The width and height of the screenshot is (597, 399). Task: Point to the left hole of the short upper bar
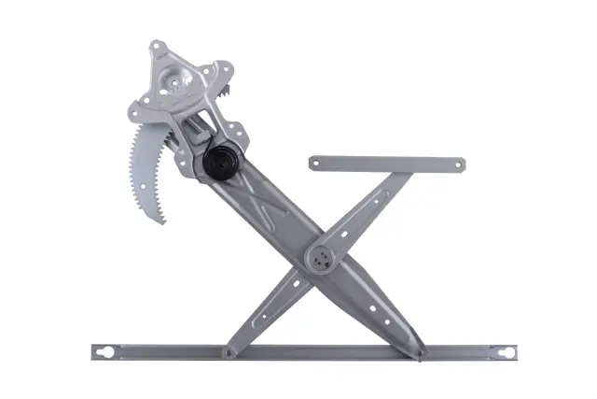[x=315, y=163]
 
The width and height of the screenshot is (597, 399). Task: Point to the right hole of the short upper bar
[x=457, y=165]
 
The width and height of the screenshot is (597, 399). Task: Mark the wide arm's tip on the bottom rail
[x=421, y=354]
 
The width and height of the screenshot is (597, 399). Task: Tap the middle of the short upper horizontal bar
[x=386, y=164]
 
